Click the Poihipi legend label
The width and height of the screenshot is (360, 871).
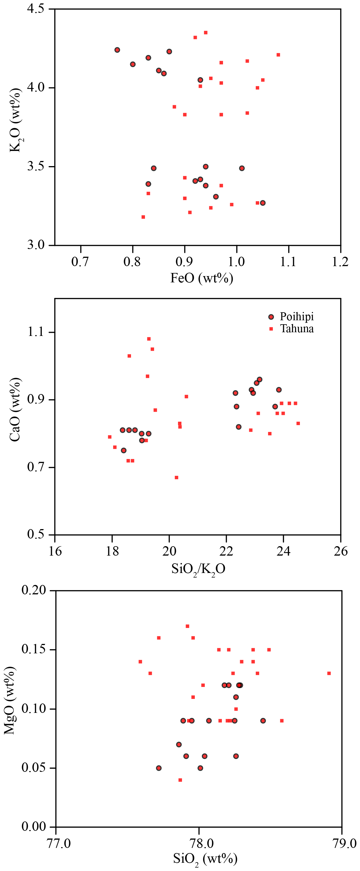click(296, 317)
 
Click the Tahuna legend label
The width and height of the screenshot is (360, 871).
click(296, 329)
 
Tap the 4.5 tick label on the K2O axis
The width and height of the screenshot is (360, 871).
click(36, 9)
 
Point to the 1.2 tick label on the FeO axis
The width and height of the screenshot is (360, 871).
click(340, 262)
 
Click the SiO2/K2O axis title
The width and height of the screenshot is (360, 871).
click(198, 569)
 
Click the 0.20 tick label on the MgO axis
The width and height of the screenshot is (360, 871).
click(33, 590)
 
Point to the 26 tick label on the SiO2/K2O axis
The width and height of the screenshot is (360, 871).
click(340, 552)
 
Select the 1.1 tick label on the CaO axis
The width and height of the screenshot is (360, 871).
click(36, 332)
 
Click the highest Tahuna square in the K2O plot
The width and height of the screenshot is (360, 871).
click(206, 33)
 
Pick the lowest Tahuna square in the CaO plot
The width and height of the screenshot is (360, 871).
click(177, 478)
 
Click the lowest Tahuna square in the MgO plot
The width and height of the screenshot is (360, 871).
click(180, 780)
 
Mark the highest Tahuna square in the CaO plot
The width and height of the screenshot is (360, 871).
click(149, 339)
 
